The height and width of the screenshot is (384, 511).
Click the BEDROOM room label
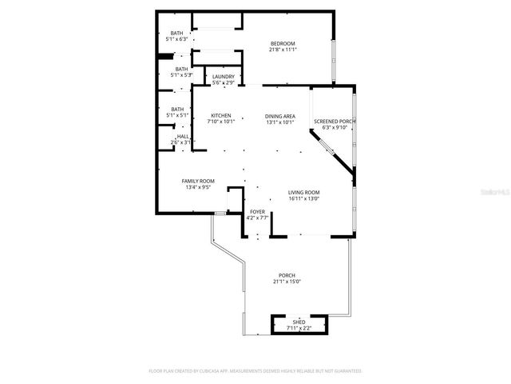[282, 43]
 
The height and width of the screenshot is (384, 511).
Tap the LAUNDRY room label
[223, 77]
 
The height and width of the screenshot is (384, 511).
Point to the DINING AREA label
[280, 116]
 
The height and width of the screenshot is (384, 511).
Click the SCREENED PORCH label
[339, 121]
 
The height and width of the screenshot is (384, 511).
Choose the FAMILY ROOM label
[198, 182]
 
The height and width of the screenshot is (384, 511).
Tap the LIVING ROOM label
[303, 193]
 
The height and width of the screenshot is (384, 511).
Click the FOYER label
[257, 212]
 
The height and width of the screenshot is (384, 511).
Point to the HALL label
[183, 137]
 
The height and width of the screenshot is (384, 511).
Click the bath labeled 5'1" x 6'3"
[176, 39]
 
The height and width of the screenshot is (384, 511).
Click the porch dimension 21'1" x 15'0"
[287, 282]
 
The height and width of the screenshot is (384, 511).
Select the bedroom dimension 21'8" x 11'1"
[283, 50]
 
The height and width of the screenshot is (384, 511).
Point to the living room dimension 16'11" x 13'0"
[303, 199]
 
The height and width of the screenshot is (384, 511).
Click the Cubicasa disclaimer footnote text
[255, 371]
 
